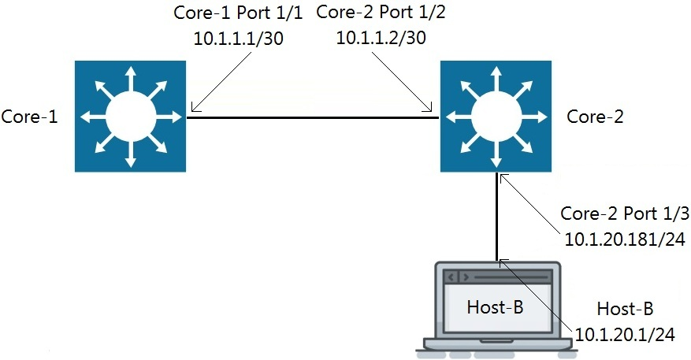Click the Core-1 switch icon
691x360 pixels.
(130, 117)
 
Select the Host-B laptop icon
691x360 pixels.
(496, 307)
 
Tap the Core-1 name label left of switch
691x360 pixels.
(28, 117)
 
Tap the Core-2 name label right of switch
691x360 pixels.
(595, 117)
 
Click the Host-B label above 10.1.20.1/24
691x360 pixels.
(625, 308)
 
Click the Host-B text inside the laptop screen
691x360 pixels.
(495, 306)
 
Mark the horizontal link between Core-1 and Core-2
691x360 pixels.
(313, 117)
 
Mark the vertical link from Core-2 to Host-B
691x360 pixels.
(497, 217)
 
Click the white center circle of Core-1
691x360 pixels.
(130, 117)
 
